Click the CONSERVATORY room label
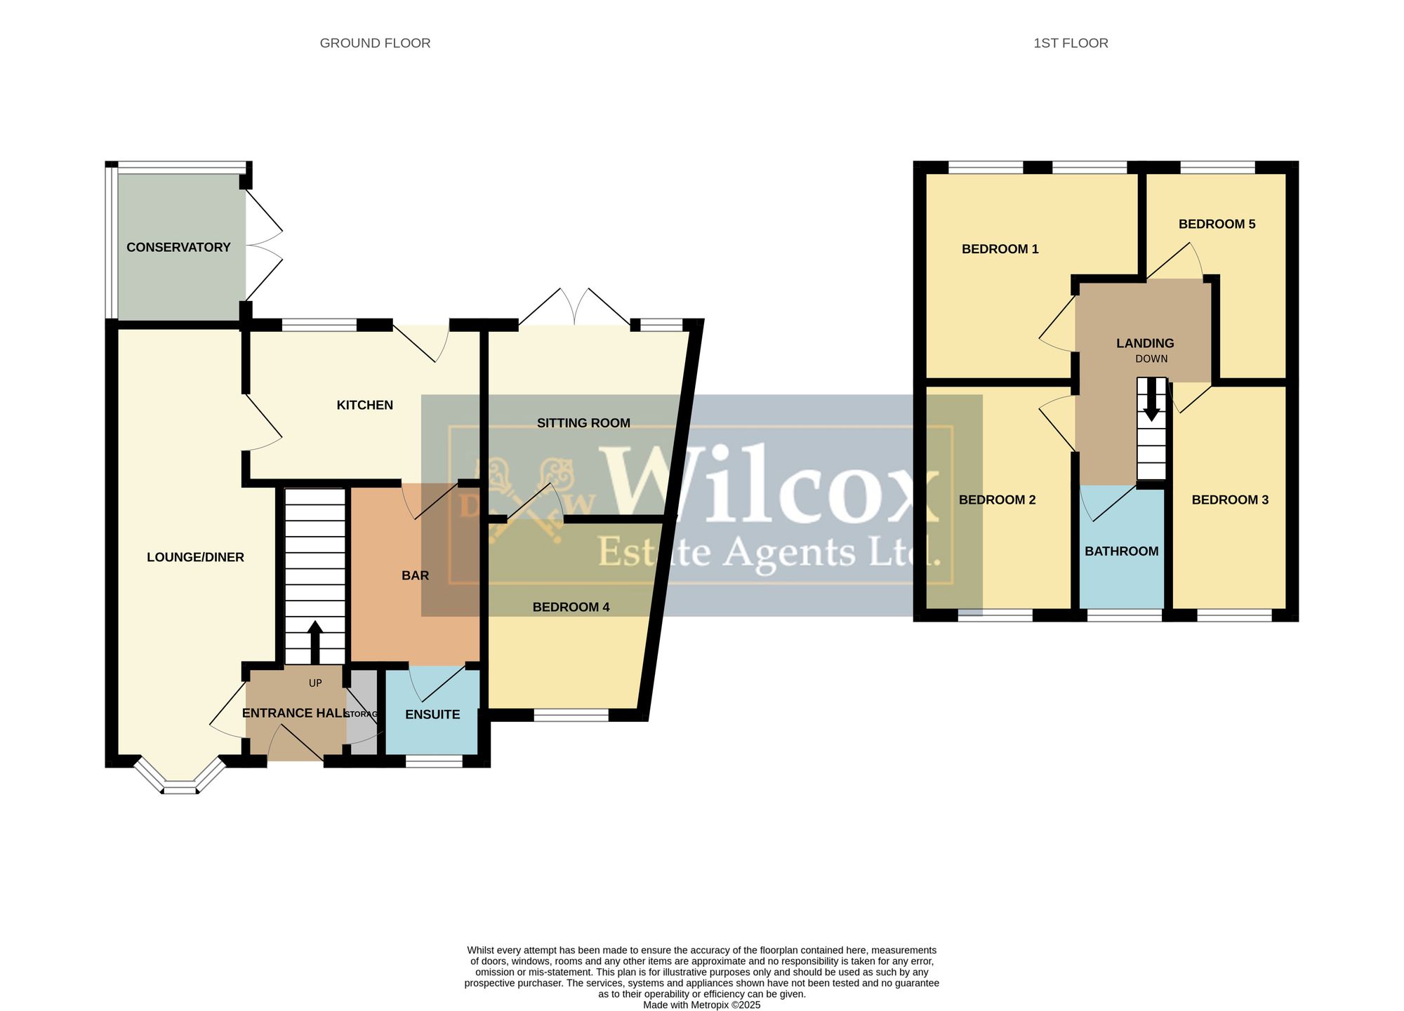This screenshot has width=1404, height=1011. click(x=178, y=247)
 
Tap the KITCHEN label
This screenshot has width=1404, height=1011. click(x=365, y=405)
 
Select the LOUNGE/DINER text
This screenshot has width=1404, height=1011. click(x=195, y=557)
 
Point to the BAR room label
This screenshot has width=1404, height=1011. click(x=415, y=575)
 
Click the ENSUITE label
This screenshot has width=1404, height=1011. click(x=432, y=714)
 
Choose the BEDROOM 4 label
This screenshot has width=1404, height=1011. click(x=571, y=607)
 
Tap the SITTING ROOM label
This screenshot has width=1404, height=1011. click(x=583, y=423)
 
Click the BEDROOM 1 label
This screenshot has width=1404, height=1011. click(x=1000, y=249)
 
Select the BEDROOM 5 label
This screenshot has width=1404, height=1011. click(x=1217, y=225)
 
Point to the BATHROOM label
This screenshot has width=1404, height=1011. click(x=1121, y=551)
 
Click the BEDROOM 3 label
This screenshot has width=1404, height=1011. click(x=1230, y=500)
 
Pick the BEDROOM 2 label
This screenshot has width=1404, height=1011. click(x=997, y=500)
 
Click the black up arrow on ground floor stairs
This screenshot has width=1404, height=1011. click(x=315, y=642)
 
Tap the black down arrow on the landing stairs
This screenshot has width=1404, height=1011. click(x=1151, y=400)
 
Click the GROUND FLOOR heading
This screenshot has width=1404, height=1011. click(x=375, y=43)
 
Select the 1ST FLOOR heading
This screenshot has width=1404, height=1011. click(x=1071, y=43)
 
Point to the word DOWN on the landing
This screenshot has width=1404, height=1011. click(x=1151, y=359)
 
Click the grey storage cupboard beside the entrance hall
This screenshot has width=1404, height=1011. click(x=363, y=713)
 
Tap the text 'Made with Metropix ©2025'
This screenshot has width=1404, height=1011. click(x=701, y=1005)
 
